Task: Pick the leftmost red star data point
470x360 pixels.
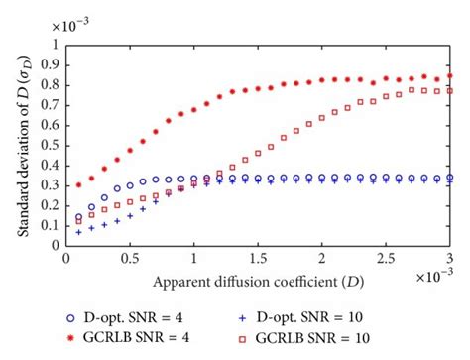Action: coord(79,184)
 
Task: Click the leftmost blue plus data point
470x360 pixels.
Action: coord(79,232)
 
